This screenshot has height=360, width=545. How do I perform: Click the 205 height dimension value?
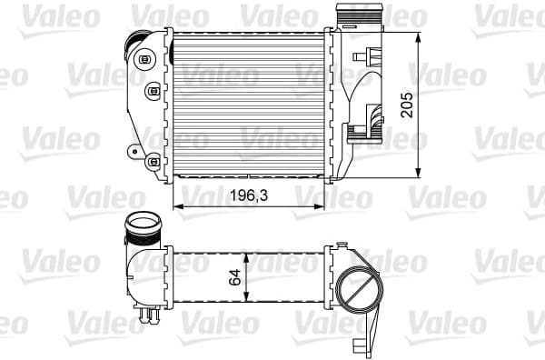(x=408, y=105)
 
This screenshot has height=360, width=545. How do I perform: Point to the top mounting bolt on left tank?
(x=144, y=61)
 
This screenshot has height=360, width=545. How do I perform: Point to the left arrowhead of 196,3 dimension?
(x=176, y=206)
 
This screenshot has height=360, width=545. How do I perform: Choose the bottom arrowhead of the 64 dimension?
(x=245, y=305)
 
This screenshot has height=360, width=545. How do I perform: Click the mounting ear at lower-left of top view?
(x=135, y=151)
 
